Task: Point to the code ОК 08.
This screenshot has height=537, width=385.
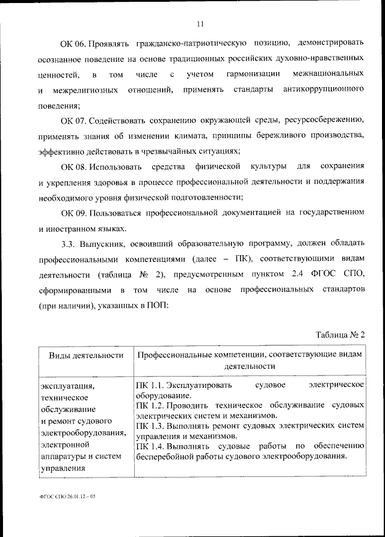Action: point(73,165)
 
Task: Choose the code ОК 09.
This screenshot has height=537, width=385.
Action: point(73,213)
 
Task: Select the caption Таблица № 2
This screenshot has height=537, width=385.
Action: point(340,335)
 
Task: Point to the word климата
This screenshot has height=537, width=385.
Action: point(217,137)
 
